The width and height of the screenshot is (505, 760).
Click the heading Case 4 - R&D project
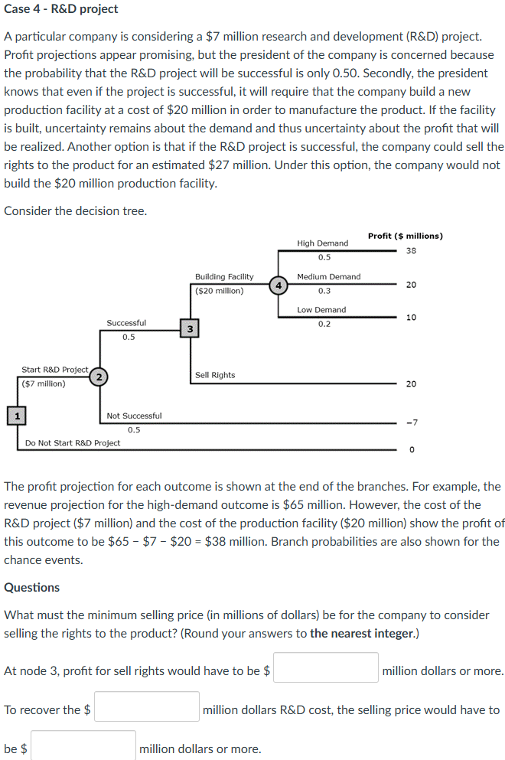coord(61,9)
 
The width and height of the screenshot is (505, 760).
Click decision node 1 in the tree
coord(14,416)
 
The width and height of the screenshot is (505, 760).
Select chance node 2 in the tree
coord(98,376)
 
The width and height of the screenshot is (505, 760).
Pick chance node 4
coord(279,285)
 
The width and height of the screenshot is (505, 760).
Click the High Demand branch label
coord(322,243)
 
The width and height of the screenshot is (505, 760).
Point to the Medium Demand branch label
coord(328,276)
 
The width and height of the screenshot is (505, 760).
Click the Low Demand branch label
coord(321,310)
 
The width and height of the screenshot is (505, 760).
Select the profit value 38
coord(411,251)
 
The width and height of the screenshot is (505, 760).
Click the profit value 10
coord(411,317)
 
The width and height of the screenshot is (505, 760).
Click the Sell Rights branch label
coord(215,375)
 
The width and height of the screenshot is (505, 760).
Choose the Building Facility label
coord(224,276)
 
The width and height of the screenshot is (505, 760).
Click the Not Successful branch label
coord(134,416)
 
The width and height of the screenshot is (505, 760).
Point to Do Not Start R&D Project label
coord(73,442)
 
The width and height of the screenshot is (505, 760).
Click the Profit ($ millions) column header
coord(405,236)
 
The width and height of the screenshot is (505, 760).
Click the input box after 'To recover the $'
coord(147,706)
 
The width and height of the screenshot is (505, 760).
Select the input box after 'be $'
coord(83,745)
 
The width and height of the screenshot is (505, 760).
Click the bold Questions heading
coord(32,587)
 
